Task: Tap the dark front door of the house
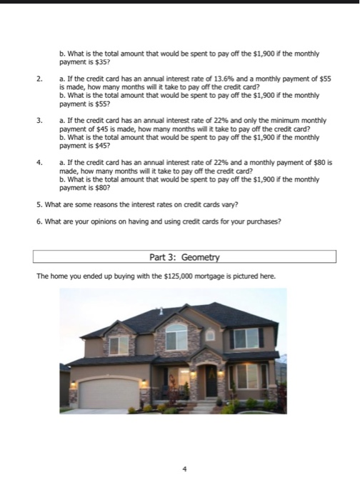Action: coord(212,380)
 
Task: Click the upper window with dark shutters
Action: coord(245,337)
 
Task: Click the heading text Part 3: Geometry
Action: coord(185,256)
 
